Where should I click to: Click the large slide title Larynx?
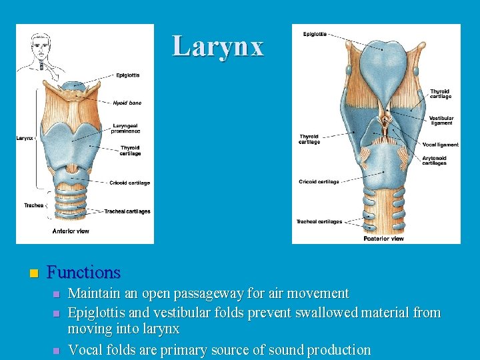coord(218,46)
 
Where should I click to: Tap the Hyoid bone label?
coord(127,103)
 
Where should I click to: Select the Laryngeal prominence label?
coord(126,127)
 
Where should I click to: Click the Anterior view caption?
coord(71,231)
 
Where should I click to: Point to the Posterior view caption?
coord(383,238)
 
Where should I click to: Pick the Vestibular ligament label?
coord(441,121)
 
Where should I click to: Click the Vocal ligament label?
coord(441,145)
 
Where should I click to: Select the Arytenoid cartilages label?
coord(434,161)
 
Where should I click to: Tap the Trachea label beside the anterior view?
coord(34,205)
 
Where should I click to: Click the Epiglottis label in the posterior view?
coord(315,34)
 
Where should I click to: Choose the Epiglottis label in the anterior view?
coord(127,75)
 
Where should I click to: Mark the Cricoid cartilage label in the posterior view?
coord(319,181)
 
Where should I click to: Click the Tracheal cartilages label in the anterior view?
coord(127,211)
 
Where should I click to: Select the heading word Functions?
coord(84,272)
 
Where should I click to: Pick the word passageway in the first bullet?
coord(183,293)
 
